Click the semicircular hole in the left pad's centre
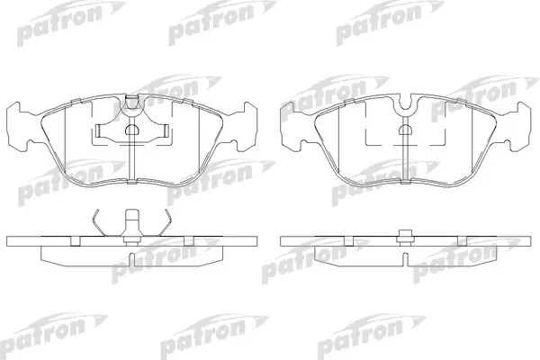coord(131,130)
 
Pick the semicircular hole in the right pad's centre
coord(406,130)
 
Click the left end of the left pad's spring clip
coord(98,130)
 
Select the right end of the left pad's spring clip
coord(166,130)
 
